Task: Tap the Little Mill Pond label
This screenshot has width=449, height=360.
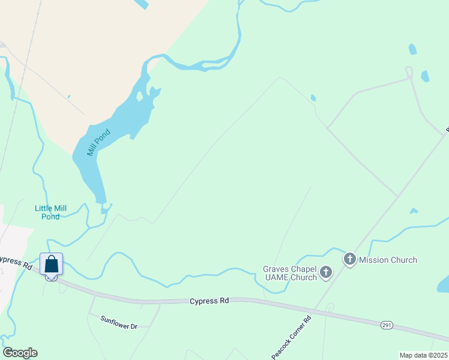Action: pyautogui.click(x=50, y=212)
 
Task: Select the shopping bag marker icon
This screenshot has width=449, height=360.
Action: pyautogui.click(x=52, y=265)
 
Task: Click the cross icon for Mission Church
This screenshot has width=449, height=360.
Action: pyautogui.click(x=350, y=260)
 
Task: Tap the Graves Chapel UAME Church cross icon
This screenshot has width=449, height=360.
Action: pyautogui.click(x=325, y=273)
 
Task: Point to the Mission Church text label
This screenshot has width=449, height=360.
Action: pyautogui.click(x=388, y=260)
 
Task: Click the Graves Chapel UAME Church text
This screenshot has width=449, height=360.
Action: pyautogui.click(x=290, y=273)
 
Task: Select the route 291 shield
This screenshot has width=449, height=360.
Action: pyautogui.click(x=387, y=325)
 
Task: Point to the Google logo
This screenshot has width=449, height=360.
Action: pyautogui.click(x=20, y=353)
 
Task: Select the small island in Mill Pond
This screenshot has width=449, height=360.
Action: pyautogui.click(x=140, y=96)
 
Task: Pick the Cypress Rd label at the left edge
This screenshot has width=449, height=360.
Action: pyautogui.click(x=14, y=262)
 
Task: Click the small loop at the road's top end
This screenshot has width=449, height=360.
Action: pyautogui.click(x=409, y=73)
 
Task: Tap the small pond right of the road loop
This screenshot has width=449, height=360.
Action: pyautogui.click(x=425, y=76)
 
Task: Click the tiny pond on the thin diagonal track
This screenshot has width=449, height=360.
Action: pyautogui.click(x=313, y=98)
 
